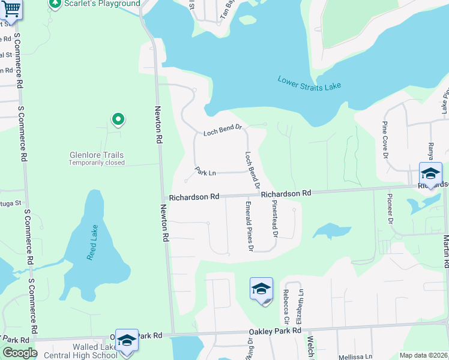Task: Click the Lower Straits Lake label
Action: click(309, 83)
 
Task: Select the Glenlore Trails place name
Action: click(97, 155)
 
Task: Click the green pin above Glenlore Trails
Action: click(118, 120)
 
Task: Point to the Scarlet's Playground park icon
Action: click(55, 4)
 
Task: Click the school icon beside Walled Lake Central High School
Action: click(127, 341)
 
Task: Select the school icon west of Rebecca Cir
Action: click(261, 290)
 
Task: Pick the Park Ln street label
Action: click(205, 173)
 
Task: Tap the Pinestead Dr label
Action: click(275, 217)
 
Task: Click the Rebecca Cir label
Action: click(286, 307)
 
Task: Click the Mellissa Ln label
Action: click(355, 356)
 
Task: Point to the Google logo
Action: click(20, 353)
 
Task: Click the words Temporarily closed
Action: click(96, 163)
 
